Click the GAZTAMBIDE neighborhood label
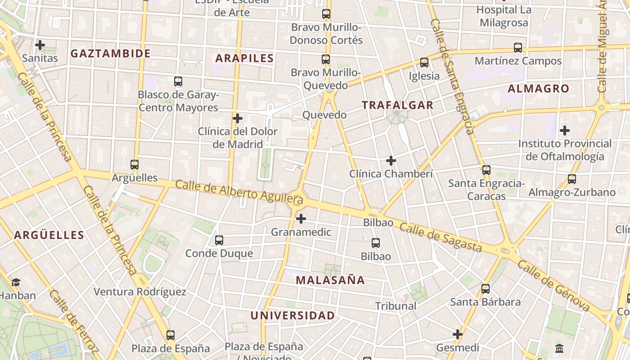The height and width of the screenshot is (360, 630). (110, 54)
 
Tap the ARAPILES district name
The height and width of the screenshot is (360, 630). (244, 58)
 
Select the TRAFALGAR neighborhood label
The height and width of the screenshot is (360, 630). (398, 105)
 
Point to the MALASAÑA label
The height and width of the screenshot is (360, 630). (330, 280)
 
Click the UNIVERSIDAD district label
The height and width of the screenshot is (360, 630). (292, 315)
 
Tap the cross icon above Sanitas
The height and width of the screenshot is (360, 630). (40, 45)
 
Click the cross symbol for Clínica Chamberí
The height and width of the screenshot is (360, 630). (391, 160)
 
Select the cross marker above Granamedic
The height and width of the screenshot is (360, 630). (301, 219)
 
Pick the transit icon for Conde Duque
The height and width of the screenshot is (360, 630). (219, 240)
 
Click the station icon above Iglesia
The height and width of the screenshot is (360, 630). (424, 63)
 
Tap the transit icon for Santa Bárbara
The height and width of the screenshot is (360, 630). (486, 288)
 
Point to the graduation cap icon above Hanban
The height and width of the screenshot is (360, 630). (16, 282)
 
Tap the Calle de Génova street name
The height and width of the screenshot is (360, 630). (553, 286)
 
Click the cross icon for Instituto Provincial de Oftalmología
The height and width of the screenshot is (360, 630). (565, 131)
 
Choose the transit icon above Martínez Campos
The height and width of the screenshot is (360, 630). (518, 47)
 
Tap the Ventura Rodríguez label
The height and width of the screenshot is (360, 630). (140, 292)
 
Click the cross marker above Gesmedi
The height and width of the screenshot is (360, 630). (458, 334)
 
